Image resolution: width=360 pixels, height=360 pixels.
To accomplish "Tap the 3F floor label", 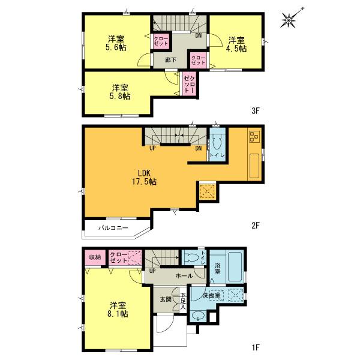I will [254, 110].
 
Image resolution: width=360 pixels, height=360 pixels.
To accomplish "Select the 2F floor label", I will [254, 226].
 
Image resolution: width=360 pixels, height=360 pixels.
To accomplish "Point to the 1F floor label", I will [254, 347].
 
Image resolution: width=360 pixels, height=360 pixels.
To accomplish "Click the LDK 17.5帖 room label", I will [145, 177].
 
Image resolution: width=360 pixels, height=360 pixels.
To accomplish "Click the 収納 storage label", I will [95, 257].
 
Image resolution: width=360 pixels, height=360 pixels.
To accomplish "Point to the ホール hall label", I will [184, 276].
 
